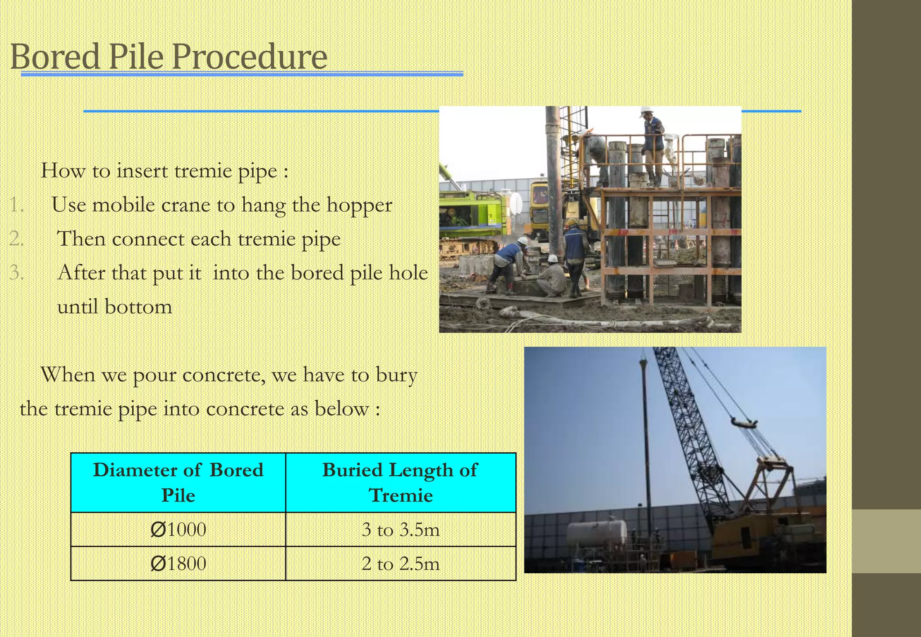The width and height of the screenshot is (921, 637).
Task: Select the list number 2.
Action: (x=17, y=239)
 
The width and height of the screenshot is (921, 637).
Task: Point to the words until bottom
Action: (x=115, y=307)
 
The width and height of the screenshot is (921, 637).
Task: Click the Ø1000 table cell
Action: (x=178, y=529)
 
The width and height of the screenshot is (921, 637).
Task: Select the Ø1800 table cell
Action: (x=178, y=563)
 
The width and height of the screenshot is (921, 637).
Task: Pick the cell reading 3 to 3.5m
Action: (x=400, y=529)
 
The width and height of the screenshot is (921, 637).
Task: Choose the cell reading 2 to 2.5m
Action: (x=400, y=563)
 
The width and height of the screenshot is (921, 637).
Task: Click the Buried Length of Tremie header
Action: (x=400, y=482)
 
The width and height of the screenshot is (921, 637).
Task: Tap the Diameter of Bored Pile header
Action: (x=178, y=482)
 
